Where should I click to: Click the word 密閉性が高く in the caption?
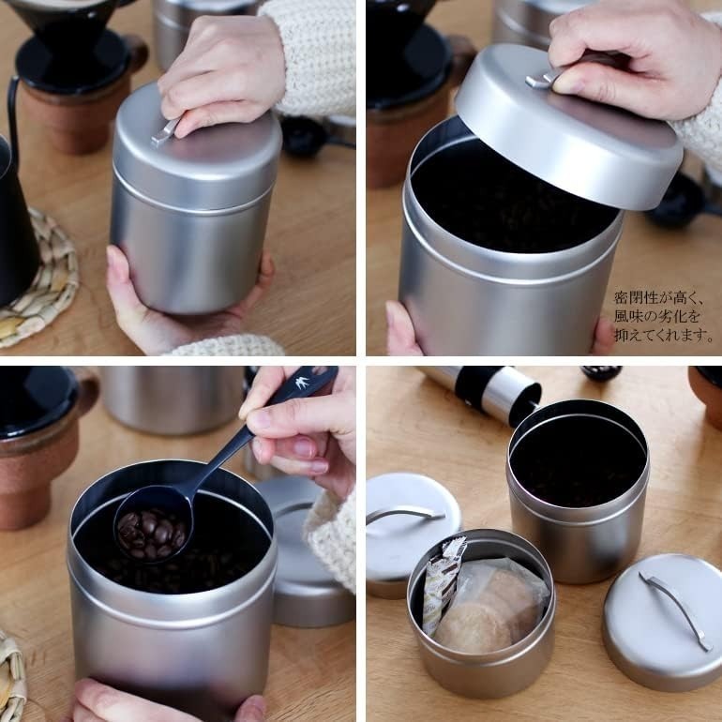coord(658,297)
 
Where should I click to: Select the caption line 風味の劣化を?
coord(657,316)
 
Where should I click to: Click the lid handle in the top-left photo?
coord(165,130)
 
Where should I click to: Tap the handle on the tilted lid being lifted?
coord(543,78)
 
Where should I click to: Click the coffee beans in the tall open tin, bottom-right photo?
coord(578,464)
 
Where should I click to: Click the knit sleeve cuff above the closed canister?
coord(313,55)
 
